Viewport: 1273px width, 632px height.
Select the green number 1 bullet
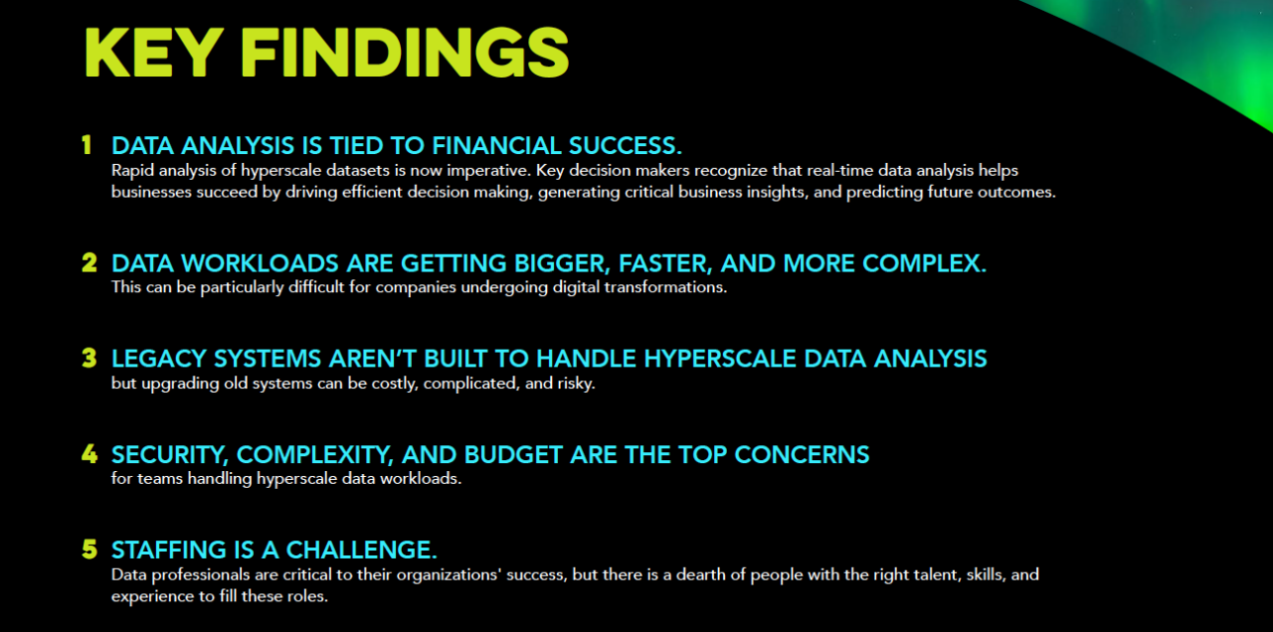[x=88, y=145]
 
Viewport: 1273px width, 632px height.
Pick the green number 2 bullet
[x=89, y=263]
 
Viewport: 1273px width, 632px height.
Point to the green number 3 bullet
[x=89, y=358]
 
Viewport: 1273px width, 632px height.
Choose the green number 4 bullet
[x=89, y=454]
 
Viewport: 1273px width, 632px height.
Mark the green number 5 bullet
[x=89, y=549]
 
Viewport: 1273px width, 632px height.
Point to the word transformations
[x=664, y=288]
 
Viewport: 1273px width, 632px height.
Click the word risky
[x=572, y=383]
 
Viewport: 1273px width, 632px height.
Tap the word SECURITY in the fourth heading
[x=169, y=454]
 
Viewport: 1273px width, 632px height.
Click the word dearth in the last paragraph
[x=664, y=575]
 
